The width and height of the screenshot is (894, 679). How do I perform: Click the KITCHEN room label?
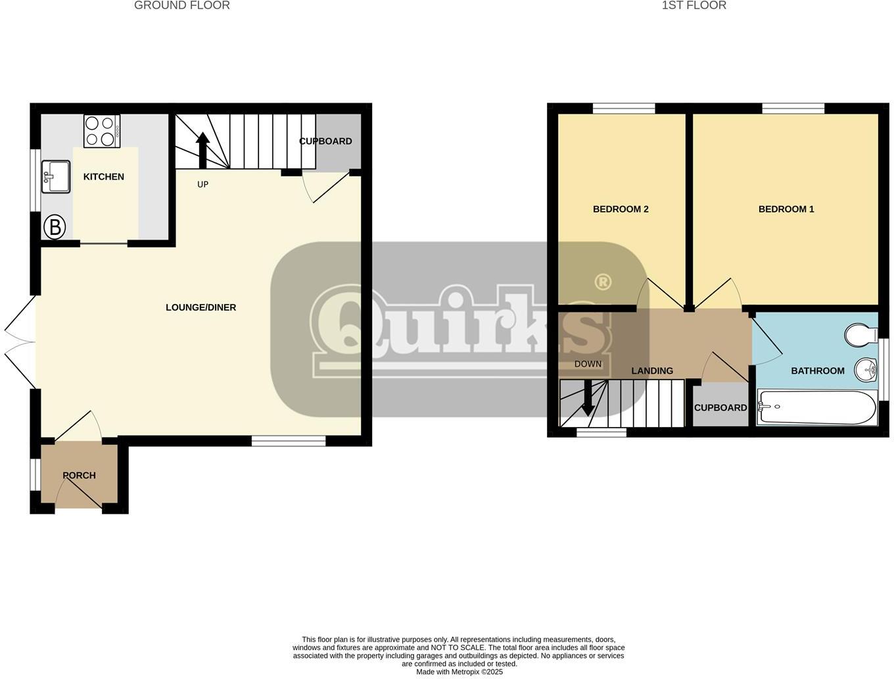(x=103, y=176)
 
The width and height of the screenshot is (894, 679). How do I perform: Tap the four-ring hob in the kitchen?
(x=101, y=131)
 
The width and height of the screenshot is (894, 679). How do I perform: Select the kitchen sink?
(x=56, y=176)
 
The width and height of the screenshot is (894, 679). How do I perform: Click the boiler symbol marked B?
(x=55, y=228)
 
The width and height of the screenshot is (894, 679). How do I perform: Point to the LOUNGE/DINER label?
(x=200, y=307)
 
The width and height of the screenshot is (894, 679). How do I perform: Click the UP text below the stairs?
(x=202, y=184)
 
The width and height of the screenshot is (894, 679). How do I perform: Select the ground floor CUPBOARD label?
(x=325, y=141)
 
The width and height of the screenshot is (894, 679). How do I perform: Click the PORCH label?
(x=79, y=475)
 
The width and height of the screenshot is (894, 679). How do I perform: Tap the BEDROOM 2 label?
(x=621, y=209)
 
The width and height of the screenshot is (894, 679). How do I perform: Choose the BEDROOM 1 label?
(x=786, y=209)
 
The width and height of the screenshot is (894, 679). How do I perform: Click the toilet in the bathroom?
(x=860, y=334)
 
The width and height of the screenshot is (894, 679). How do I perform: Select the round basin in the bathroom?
(x=866, y=370)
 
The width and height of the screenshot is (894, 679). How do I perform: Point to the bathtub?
(x=816, y=407)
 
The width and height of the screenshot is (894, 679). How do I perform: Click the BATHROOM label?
(x=818, y=371)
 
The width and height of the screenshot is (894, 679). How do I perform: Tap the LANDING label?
(x=652, y=371)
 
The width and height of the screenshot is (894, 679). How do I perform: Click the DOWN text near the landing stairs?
(x=588, y=364)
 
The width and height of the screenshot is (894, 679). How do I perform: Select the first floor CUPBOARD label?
(x=720, y=408)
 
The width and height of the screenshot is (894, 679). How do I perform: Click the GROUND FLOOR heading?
(x=182, y=6)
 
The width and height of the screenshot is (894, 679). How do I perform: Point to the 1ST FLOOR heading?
(x=694, y=6)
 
